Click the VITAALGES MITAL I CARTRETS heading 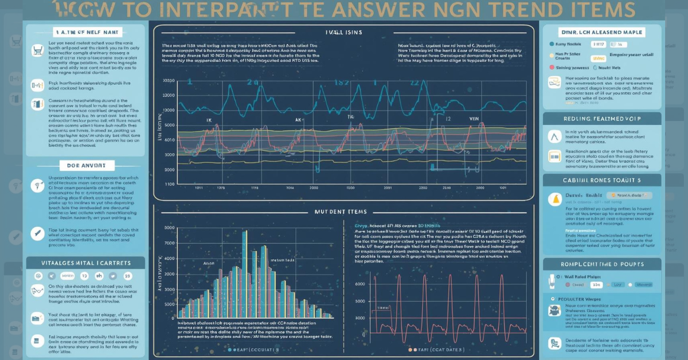point(79,263)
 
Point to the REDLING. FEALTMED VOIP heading point(601,119)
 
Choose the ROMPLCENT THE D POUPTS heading point(601,264)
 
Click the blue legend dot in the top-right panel point(551,44)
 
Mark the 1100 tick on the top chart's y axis point(170,185)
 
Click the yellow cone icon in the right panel point(555,199)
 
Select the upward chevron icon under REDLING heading point(554,136)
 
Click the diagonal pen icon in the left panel point(38,233)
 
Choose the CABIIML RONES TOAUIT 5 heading point(601,179)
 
